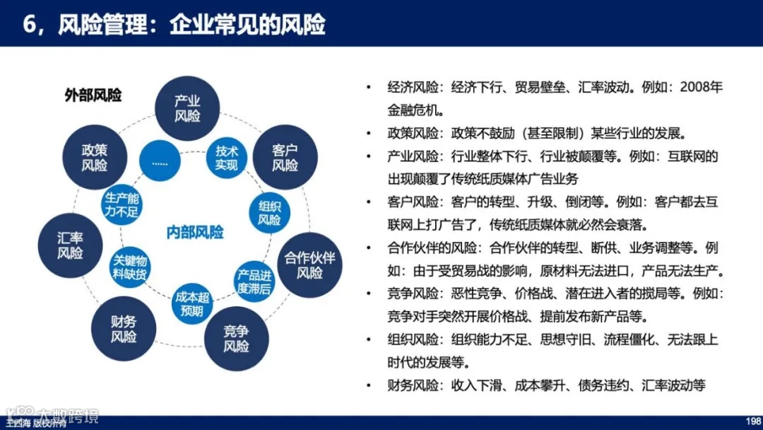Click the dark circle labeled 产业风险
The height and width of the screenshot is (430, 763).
click(187, 108)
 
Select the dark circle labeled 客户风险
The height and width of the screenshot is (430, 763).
click(285, 158)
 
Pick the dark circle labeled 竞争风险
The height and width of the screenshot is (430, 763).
click(236, 338)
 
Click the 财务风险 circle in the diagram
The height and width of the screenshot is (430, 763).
click(124, 329)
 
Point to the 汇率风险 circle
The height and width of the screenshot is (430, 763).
click(70, 245)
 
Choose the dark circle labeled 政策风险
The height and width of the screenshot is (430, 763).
click(94, 158)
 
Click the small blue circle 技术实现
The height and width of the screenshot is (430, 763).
click(227, 158)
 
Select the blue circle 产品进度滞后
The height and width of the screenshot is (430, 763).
click(254, 281)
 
